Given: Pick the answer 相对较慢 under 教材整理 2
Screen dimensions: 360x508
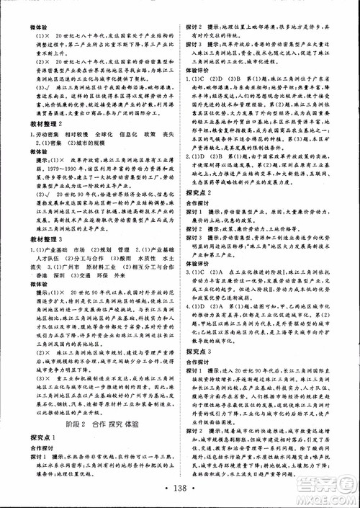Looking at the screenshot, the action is click(x=64, y=115).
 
